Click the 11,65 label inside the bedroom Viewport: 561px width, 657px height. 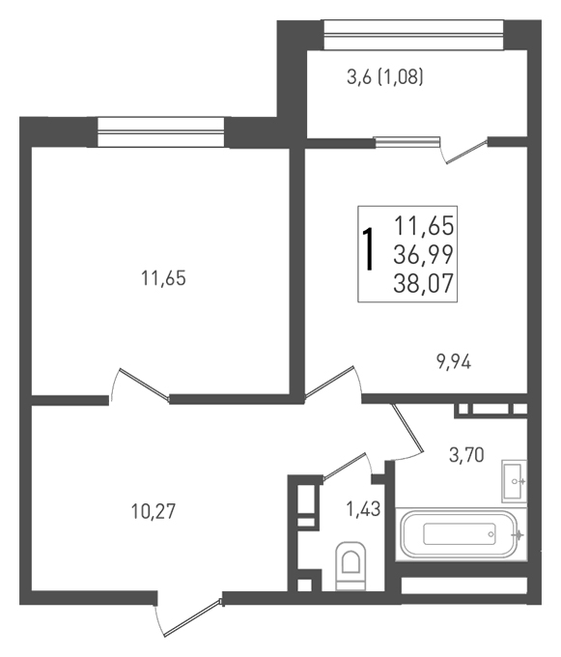click(164, 278)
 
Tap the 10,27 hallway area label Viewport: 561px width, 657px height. click(153, 511)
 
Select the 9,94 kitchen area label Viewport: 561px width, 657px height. click(454, 361)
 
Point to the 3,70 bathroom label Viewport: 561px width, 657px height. click(466, 455)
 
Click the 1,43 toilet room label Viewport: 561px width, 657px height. click(363, 509)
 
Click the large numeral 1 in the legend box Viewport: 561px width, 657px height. click(368, 249)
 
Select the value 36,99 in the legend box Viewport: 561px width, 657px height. click(423, 254)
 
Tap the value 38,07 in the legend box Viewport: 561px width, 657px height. click(423, 283)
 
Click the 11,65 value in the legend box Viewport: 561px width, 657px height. click(424, 226)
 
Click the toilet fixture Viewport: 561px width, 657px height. click(351, 565)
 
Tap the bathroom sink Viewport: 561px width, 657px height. click(514, 481)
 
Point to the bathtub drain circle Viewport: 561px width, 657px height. click(491, 534)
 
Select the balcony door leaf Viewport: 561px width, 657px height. click(467, 151)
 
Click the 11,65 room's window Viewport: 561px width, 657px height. click(161, 132)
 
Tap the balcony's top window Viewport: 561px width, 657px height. click(413, 35)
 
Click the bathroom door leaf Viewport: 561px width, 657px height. click(408, 428)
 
